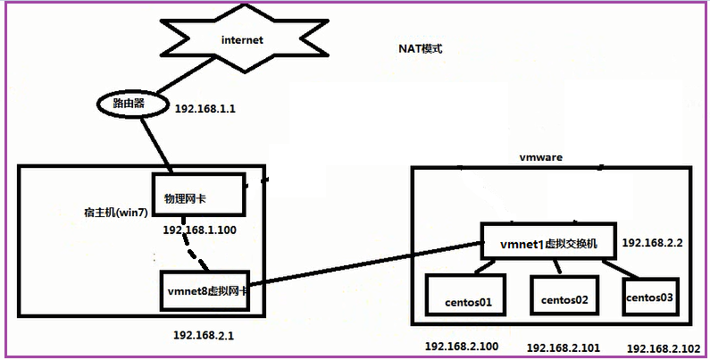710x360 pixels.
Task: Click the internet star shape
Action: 244,39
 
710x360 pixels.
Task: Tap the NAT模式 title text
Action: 420,48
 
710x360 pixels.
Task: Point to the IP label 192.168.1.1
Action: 205,109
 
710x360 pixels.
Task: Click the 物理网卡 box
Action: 199,194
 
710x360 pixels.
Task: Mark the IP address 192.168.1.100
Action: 200,230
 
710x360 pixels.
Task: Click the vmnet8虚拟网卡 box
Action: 205,291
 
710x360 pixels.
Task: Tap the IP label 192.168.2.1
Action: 204,336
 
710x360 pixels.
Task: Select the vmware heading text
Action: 540,157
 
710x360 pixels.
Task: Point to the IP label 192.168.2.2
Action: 652,243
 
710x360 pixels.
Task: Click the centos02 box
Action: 565,296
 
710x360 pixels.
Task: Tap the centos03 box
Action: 651,297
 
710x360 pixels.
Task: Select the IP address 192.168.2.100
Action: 462,347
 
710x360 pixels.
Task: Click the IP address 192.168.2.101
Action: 564,347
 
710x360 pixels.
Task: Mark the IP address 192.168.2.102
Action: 664,348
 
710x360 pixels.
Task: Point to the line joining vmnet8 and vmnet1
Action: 365,264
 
